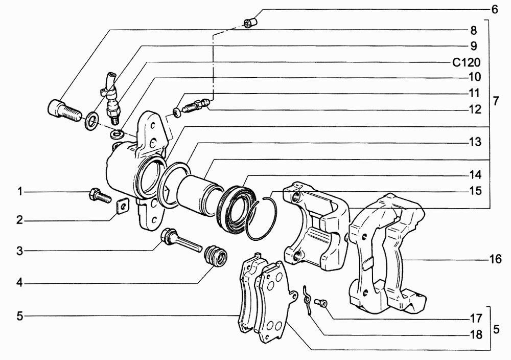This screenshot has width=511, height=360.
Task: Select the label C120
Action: tap(467, 62)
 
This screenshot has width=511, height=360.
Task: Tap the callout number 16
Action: tap(495, 260)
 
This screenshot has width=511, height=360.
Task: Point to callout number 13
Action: tap(475, 142)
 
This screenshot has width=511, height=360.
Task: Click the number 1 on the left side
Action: tap(20, 191)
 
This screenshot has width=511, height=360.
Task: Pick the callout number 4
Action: tap(20, 283)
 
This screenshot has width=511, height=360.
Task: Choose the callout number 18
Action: tap(475, 334)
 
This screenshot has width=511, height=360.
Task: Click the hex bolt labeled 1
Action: tap(100, 196)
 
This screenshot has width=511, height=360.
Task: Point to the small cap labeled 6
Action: tap(251, 23)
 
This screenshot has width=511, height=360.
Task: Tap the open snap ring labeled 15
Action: tap(261, 217)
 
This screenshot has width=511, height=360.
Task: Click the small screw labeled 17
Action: tap(321, 303)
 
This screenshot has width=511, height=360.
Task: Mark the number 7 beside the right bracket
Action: tap(495, 101)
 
